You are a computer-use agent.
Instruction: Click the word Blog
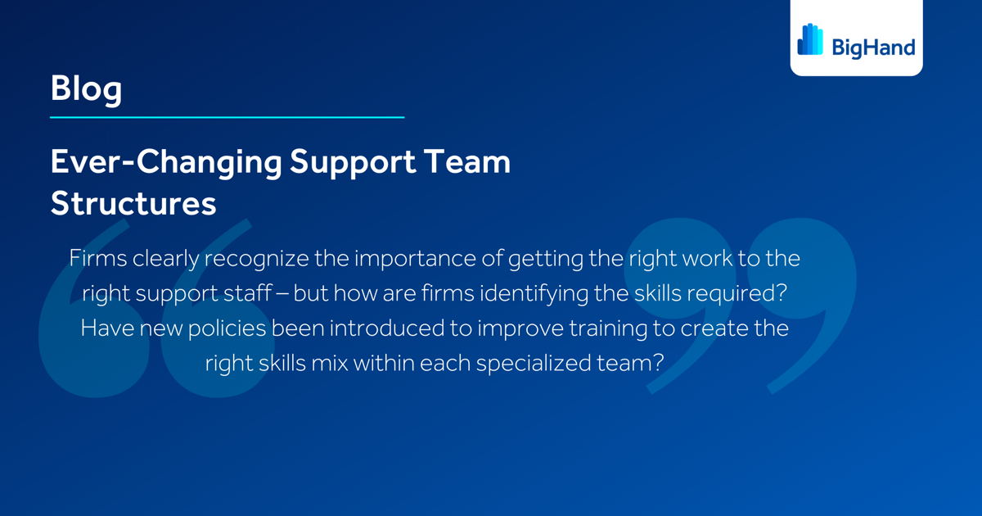coord(86,88)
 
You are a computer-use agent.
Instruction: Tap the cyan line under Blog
coord(227,117)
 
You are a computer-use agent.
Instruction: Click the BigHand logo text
coord(873,48)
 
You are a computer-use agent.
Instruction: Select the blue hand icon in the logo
coord(810,39)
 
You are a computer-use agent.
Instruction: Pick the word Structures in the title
coord(133,203)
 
